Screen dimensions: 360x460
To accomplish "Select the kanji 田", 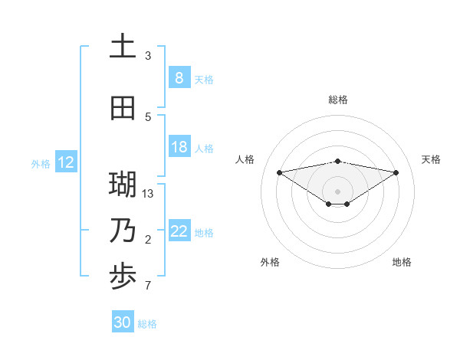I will (123, 109).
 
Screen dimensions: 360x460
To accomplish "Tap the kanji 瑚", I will (123, 185).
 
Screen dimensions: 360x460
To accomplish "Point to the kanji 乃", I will (123, 231).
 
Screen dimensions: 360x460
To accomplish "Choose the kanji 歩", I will (123, 277).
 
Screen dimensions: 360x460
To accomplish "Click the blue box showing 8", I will (179, 77).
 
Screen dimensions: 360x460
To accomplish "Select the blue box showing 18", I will (179, 147).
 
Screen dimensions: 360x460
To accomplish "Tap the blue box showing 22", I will (179, 231).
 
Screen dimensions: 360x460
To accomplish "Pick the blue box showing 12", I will (65, 162).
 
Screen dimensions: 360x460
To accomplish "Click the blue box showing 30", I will (123, 322).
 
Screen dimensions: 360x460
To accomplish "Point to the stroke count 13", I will (148, 193).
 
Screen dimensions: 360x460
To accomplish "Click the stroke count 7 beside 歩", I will (148, 286).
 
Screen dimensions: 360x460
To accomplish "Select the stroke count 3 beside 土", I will (148, 55).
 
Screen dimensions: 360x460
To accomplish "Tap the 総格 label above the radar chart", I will (337, 100).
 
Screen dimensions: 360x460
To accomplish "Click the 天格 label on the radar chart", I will (431, 159).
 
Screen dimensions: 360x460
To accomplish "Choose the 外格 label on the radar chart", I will (270, 262).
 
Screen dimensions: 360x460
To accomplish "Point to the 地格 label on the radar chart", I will (402, 262).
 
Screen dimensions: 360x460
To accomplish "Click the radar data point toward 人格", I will (279, 172).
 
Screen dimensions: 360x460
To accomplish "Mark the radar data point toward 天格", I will (396, 172).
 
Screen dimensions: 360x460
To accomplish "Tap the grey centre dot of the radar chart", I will (337, 191).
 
